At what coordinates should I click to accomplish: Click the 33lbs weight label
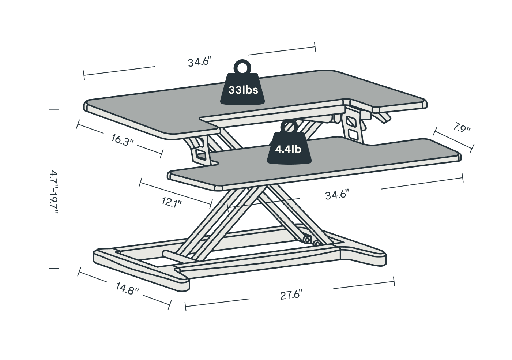point(243,90)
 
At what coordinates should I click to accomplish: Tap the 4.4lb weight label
point(288,149)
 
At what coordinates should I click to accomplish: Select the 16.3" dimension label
point(122,140)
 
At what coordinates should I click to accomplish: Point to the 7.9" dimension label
point(462,128)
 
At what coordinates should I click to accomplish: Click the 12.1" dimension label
point(172,202)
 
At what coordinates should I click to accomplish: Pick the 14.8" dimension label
point(127,288)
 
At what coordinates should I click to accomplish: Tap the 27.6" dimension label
point(291,295)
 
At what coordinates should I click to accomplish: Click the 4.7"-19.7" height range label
point(54,192)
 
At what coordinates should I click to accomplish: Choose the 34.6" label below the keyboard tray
point(337,195)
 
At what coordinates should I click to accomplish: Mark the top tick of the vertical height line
point(54,109)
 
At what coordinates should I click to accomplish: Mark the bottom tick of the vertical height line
point(54,268)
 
